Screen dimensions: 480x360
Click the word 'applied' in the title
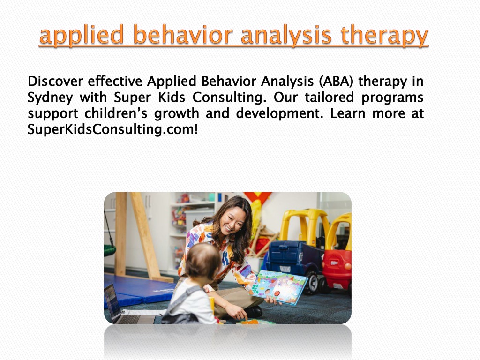(x=82, y=36)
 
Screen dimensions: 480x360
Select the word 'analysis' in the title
(x=286, y=35)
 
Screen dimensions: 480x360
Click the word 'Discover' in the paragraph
(x=55, y=82)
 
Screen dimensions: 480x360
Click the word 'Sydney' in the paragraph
(x=50, y=98)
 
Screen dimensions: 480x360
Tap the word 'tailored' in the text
(x=329, y=97)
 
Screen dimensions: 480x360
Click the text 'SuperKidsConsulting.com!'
(x=112, y=129)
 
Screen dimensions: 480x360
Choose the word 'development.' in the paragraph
(x=279, y=114)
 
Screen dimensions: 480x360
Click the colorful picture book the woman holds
(x=278, y=287)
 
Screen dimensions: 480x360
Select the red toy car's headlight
(x=347, y=266)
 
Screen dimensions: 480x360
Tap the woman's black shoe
(x=254, y=311)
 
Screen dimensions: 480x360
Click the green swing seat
(x=110, y=249)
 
